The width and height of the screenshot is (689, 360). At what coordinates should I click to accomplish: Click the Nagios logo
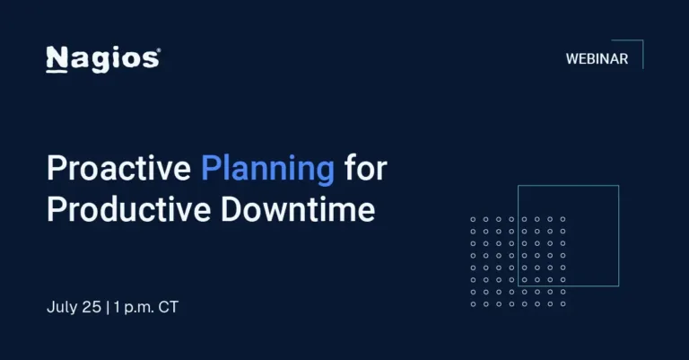[x=102, y=59]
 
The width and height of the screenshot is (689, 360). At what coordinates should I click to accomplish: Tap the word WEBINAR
[x=597, y=59]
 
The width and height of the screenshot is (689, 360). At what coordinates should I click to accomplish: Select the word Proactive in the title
[x=118, y=168]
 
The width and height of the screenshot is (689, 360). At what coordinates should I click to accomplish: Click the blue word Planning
[x=267, y=168]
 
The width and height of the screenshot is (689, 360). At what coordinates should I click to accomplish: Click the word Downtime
[x=297, y=209]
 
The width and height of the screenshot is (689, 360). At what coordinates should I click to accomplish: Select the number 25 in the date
[x=92, y=307]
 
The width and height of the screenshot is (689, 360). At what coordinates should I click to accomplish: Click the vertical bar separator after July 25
[x=107, y=307]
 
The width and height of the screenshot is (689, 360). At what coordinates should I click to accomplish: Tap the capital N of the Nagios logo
[x=56, y=59]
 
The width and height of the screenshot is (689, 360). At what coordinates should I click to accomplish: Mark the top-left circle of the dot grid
[x=474, y=219]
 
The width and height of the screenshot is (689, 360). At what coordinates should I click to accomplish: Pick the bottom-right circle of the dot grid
[x=563, y=303]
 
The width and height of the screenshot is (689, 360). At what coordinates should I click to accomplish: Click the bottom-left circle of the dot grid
[x=474, y=303]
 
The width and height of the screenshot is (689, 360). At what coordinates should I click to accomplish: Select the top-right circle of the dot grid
[x=563, y=219]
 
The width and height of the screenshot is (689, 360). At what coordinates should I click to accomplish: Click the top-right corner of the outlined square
[x=618, y=186]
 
